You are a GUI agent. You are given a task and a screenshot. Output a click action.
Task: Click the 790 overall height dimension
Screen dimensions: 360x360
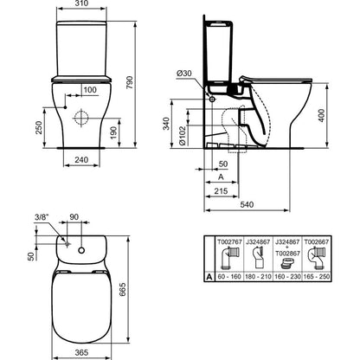click(130, 82)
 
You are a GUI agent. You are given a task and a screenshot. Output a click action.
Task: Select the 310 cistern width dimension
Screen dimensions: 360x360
click(81, 3)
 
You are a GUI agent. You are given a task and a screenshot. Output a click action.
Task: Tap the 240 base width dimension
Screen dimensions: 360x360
click(81, 159)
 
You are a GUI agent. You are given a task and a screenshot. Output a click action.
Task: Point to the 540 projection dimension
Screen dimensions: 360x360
click(247, 204)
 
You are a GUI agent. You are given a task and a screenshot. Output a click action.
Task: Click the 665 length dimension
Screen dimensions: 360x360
click(123, 291)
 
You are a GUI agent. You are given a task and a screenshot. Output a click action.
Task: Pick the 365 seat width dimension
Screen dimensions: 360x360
click(81, 352)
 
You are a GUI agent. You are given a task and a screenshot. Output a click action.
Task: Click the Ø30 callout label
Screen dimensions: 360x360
click(184, 74)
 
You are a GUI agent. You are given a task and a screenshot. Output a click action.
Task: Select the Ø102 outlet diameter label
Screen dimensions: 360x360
click(182, 135)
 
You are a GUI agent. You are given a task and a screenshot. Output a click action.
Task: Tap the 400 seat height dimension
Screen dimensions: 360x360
click(322, 115)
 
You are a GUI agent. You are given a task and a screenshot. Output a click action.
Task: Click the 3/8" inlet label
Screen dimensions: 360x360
click(42, 217)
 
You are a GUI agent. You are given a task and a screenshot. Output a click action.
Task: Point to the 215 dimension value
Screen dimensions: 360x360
click(221, 190)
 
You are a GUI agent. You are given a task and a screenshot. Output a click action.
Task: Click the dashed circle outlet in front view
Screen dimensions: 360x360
click(81, 119)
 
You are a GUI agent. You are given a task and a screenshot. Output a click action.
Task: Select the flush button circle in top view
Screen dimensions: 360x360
click(81, 250)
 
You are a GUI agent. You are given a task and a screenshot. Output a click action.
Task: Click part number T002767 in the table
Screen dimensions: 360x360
click(229, 242)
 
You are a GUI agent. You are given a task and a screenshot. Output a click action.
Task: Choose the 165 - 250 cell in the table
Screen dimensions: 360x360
click(317, 277)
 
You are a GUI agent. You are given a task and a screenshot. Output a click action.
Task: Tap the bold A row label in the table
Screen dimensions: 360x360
click(209, 277)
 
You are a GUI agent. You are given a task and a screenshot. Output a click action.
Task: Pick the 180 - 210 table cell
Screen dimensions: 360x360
click(259, 277)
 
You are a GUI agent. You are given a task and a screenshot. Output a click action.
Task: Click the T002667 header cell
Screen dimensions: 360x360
click(317, 242)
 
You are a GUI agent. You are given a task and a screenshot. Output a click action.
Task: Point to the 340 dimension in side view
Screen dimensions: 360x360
click(166, 123)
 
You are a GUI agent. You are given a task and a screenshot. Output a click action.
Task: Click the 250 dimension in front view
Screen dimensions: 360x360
click(39, 127)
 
